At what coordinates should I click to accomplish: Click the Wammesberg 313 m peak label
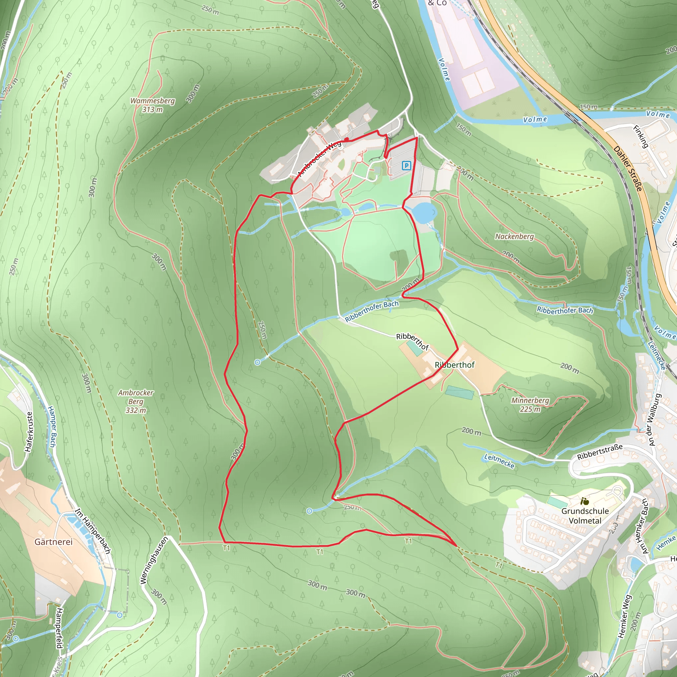152,105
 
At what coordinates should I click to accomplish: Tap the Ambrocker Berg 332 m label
136,401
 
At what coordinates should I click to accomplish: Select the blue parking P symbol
406,165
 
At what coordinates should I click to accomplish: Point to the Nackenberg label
514,237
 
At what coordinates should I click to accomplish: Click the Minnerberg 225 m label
530,405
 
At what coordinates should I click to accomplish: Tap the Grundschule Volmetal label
585,516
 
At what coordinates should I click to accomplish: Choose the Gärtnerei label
53,542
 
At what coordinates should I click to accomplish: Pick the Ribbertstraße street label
600,452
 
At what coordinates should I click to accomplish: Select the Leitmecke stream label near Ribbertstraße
499,461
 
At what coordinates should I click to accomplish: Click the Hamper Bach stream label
52,426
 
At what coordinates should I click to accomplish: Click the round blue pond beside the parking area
424,213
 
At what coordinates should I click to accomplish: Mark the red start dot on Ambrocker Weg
346,139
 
